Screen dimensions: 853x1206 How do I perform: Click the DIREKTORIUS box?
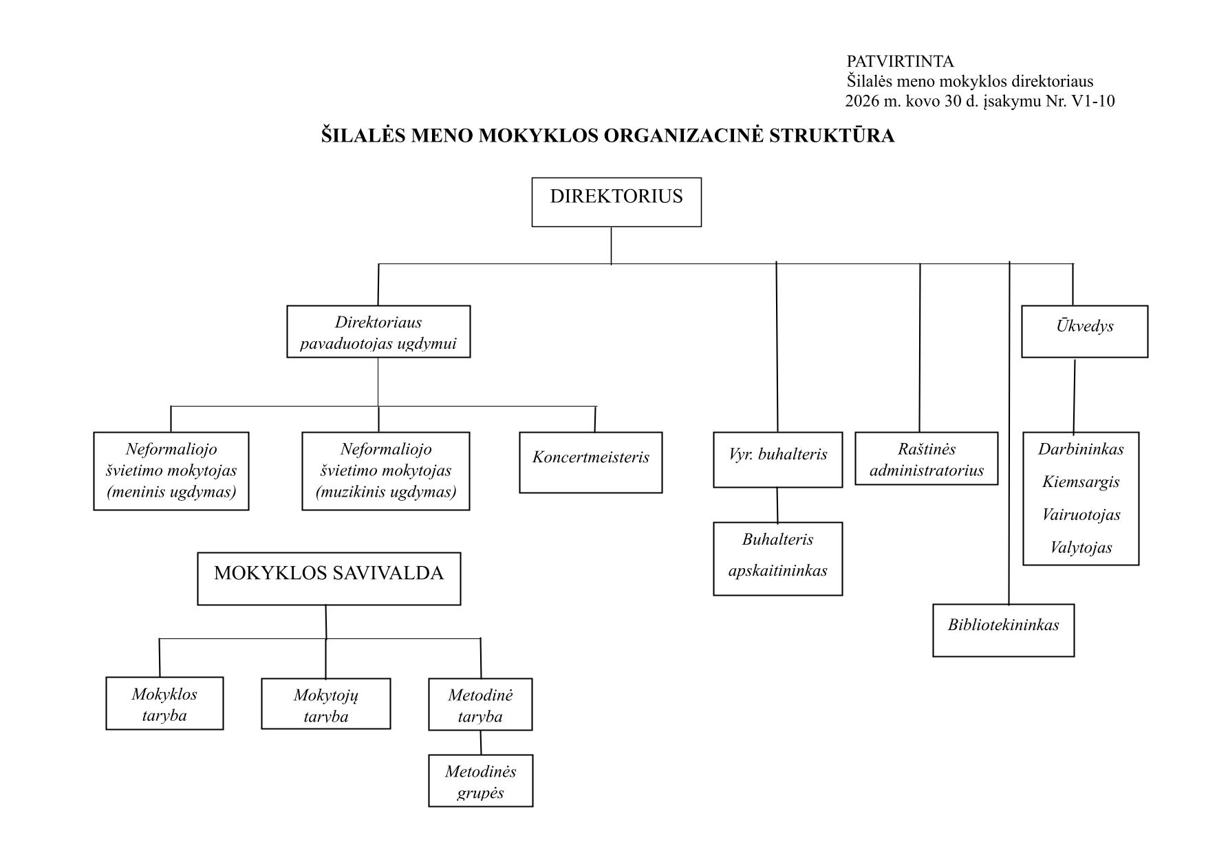(x=616, y=202)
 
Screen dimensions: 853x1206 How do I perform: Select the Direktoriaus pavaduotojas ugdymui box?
(x=378, y=332)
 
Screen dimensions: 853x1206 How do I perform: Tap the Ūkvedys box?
(x=1084, y=331)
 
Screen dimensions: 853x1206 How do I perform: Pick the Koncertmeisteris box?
(x=590, y=462)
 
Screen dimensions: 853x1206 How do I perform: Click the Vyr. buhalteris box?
(x=777, y=460)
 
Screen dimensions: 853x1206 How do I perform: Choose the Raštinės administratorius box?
(x=926, y=459)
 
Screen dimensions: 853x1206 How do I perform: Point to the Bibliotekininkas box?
(x=1003, y=629)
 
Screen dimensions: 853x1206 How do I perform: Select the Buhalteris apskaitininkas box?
(x=777, y=558)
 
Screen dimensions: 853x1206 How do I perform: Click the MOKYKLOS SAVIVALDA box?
(x=329, y=578)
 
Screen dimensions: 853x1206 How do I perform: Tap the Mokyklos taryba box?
(x=164, y=703)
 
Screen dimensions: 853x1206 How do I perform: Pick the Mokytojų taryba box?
(x=325, y=704)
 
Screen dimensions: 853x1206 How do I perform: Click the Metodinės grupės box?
(x=480, y=781)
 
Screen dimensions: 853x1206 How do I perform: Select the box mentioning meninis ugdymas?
(x=171, y=471)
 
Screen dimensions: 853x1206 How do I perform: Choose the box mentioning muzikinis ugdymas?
(x=385, y=471)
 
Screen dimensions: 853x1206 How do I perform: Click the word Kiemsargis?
(x=1080, y=482)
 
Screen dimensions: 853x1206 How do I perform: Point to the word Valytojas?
(x=1080, y=548)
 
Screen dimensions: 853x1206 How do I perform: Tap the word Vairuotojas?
(x=1080, y=515)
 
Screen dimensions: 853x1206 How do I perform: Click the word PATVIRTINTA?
(x=900, y=62)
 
